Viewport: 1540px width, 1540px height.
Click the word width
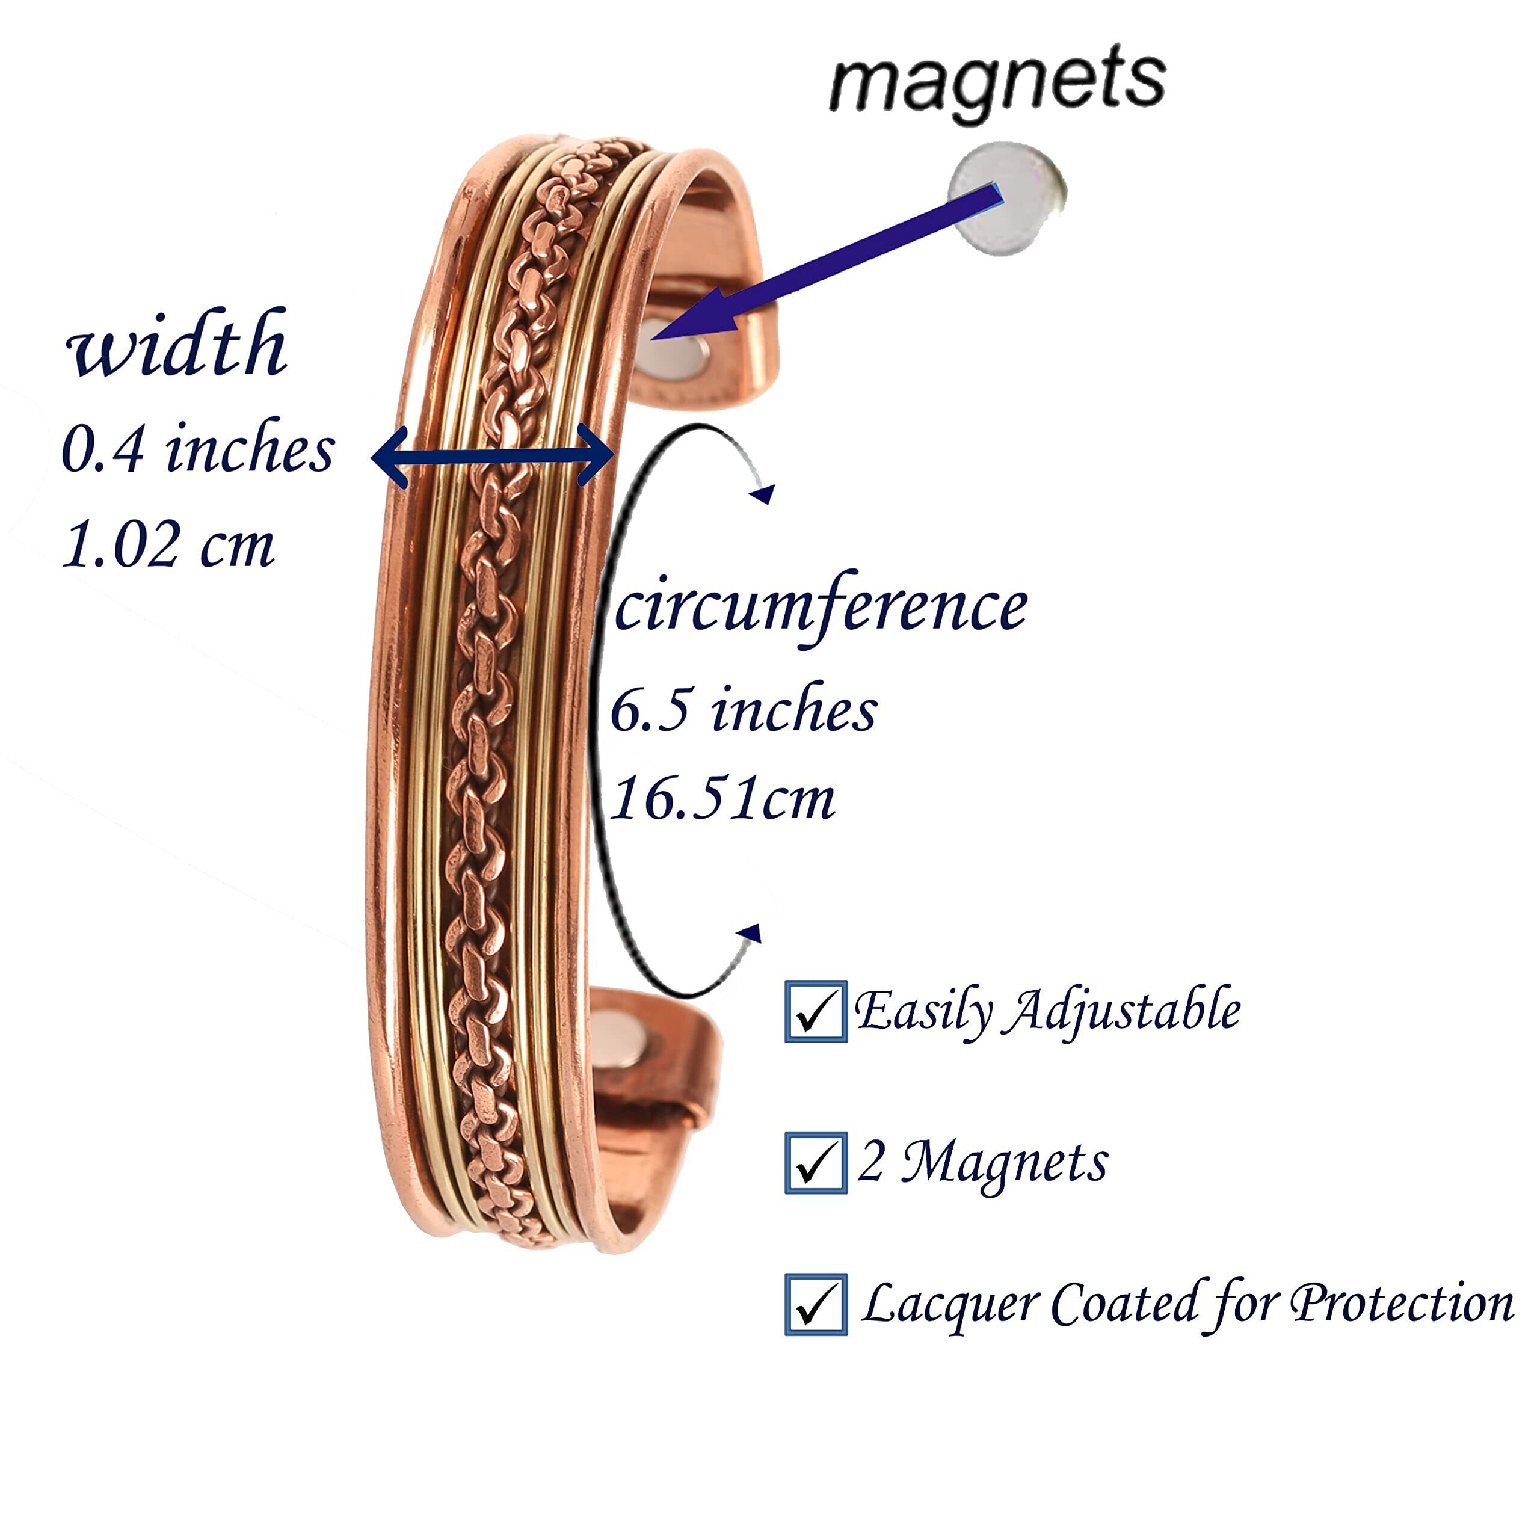coord(177,343)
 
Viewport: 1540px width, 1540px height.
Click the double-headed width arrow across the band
coord(493,456)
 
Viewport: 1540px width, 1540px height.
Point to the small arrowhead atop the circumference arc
coord(763,494)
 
